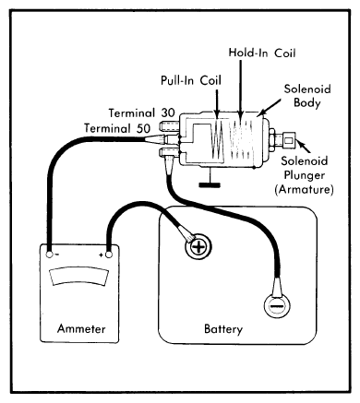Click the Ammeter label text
click(x=81, y=328)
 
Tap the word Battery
click(x=223, y=329)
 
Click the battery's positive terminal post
click(x=198, y=246)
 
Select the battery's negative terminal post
click(x=277, y=306)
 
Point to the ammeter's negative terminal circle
click(x=49, y=255)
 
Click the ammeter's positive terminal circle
click(x=108, y=255)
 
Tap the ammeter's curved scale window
click(x=79, y=277)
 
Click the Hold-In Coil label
click(x=262, y=53)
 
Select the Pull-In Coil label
click(x=191, y=80)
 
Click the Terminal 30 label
click(x=141, y=113)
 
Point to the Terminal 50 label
click(x=117, y=128)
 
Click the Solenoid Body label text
click(x=307, y=96)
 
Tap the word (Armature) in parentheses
click(x=304, y=189)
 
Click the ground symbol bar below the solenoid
click(x=210, y=184)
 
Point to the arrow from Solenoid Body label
click(x=269, y=107)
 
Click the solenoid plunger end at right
click(x=289, y=140)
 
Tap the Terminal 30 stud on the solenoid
click(x=168, y=125)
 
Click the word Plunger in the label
click(x=305, y=175)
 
